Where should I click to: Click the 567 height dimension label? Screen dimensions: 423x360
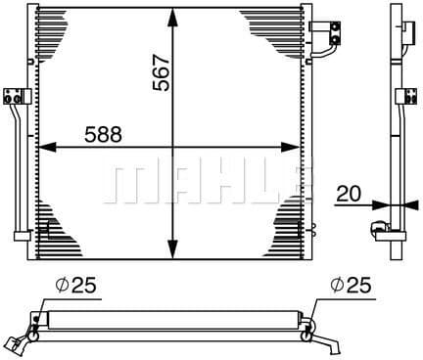[x=162, y=72]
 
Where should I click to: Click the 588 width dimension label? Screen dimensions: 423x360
[x=103, y=134]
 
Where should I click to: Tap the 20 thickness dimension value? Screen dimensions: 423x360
[x=349, y=194]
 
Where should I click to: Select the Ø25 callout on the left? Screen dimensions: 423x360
[x=75, y=286]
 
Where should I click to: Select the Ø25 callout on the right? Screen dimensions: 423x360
[x=351, y=286]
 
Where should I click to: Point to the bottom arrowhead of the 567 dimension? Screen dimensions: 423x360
[x=172, y=249]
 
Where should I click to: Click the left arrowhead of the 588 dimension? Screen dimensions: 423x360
[x=48, y=148]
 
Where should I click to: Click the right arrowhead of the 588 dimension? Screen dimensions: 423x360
[x=290, y=148]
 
